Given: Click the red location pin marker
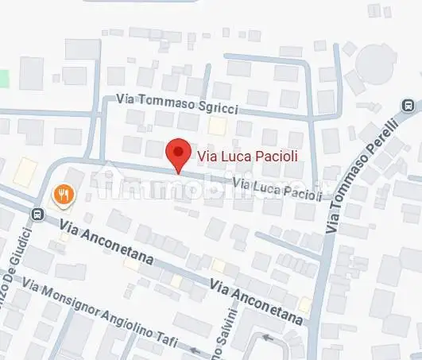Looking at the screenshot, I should coord(178,153).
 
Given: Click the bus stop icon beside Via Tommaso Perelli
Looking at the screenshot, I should coord(408,105).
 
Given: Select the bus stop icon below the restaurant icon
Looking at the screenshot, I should coord(37,214).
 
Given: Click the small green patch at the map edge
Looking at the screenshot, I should coord(3,79).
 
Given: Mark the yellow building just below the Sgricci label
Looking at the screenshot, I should coord(216,125).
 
